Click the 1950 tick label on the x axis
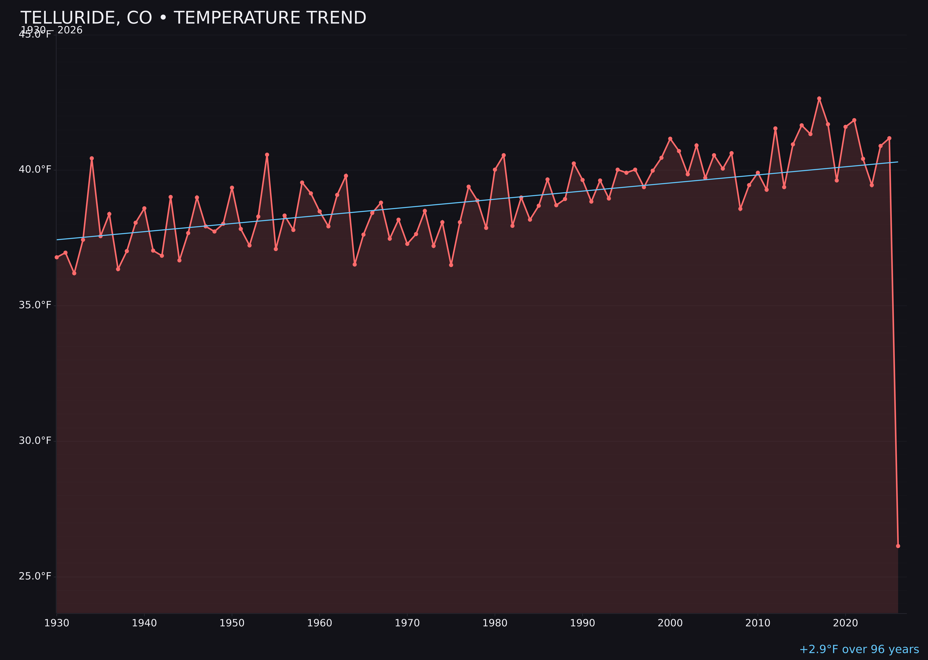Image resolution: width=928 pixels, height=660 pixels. click(x=232, y=623)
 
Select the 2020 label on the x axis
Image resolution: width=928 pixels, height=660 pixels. click(x=845, y=623)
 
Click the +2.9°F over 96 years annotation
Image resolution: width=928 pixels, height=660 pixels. click(x=859, y=649)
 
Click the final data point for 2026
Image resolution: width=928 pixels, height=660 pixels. click(x=898, y=546)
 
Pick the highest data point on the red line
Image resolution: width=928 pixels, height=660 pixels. click(x=819, y=98)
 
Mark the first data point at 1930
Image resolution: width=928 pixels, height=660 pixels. click(x=56, y=257)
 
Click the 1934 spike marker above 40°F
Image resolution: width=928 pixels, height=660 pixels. click(x=92, y=159)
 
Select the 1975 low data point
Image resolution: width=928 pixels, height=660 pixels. click(x=451, y=265)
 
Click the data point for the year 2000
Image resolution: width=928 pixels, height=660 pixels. click(x=670, y=139)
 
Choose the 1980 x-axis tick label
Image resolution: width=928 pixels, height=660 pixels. click(x=495, y=623)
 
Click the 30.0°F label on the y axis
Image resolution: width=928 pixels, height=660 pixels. click(x=35, y=440)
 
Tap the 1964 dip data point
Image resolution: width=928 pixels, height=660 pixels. click(x=355, y=265)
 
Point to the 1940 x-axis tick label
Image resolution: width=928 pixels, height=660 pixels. click(x=144, y=623)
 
